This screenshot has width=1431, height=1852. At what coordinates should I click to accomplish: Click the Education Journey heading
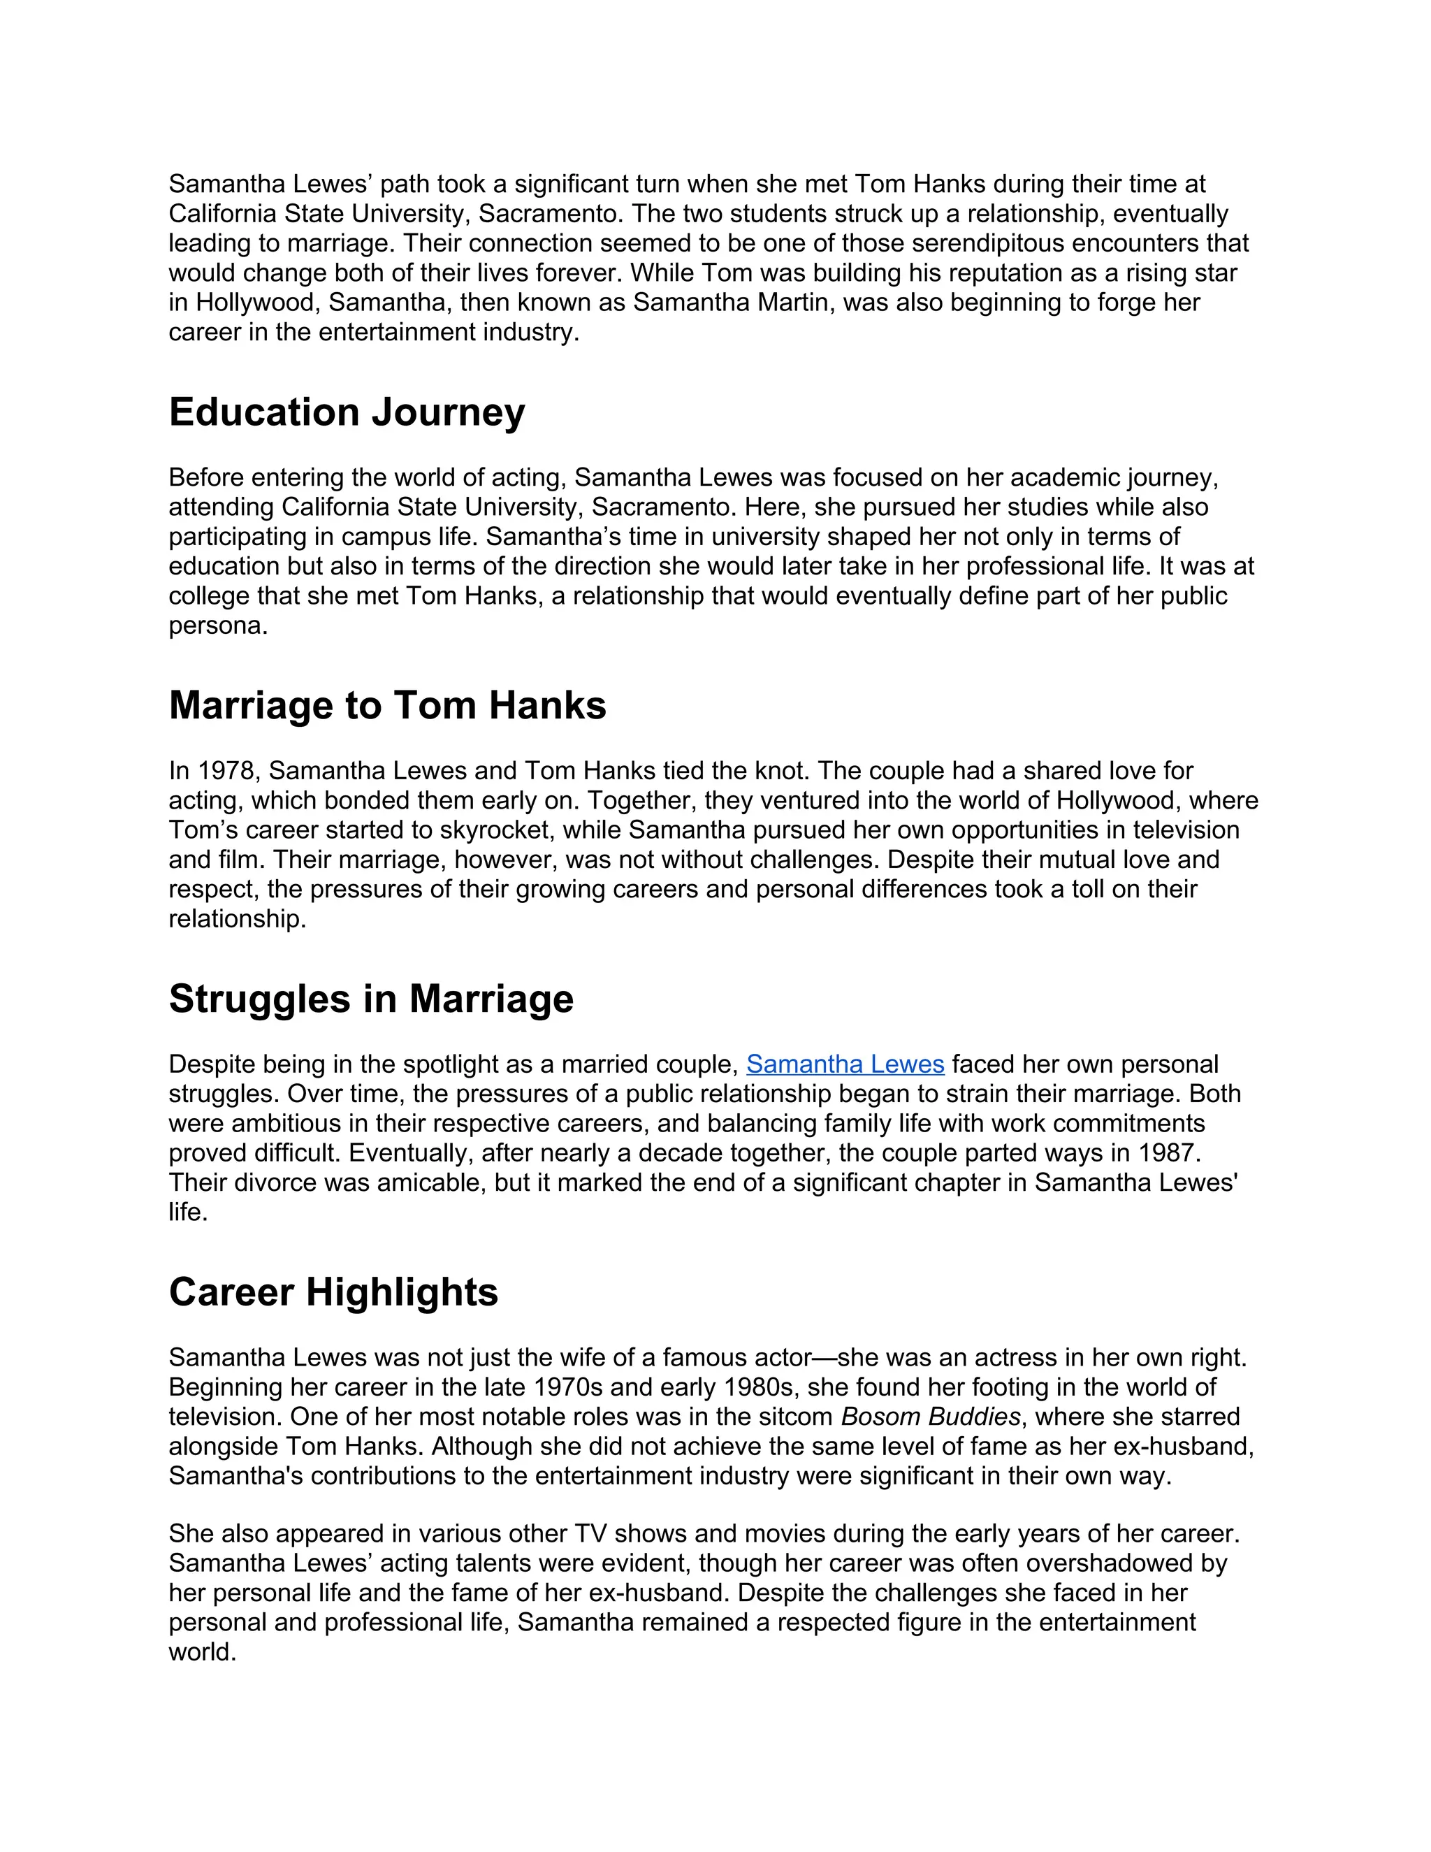347,413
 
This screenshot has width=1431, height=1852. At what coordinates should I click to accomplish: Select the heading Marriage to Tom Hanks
387,707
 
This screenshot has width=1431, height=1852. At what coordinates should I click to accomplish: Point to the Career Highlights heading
333,1293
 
